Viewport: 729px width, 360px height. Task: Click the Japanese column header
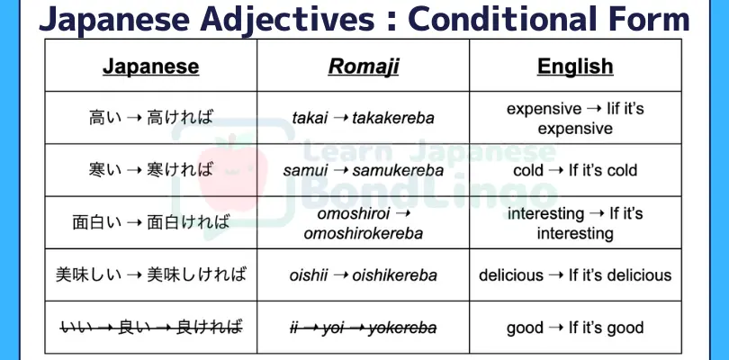150,67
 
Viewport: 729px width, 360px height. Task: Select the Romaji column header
363,67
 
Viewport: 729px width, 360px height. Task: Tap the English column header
575,67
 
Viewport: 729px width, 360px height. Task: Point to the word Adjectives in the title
287,20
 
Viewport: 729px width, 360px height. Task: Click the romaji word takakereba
393,118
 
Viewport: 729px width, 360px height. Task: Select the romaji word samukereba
398,171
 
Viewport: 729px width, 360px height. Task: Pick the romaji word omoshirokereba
363,233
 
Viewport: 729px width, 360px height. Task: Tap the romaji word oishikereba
394,275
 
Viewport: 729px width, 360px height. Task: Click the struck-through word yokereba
402,328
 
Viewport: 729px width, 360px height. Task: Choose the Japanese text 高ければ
180,118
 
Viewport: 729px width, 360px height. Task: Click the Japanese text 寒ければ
180,170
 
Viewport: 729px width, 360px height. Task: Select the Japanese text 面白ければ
188,222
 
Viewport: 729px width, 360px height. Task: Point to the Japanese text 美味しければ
196,275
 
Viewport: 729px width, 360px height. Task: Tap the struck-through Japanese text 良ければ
209,328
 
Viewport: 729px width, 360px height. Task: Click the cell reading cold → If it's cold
575,170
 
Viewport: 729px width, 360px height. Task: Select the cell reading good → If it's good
575,328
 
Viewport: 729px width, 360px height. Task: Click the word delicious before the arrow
511,275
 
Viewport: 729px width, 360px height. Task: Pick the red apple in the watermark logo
233,175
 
